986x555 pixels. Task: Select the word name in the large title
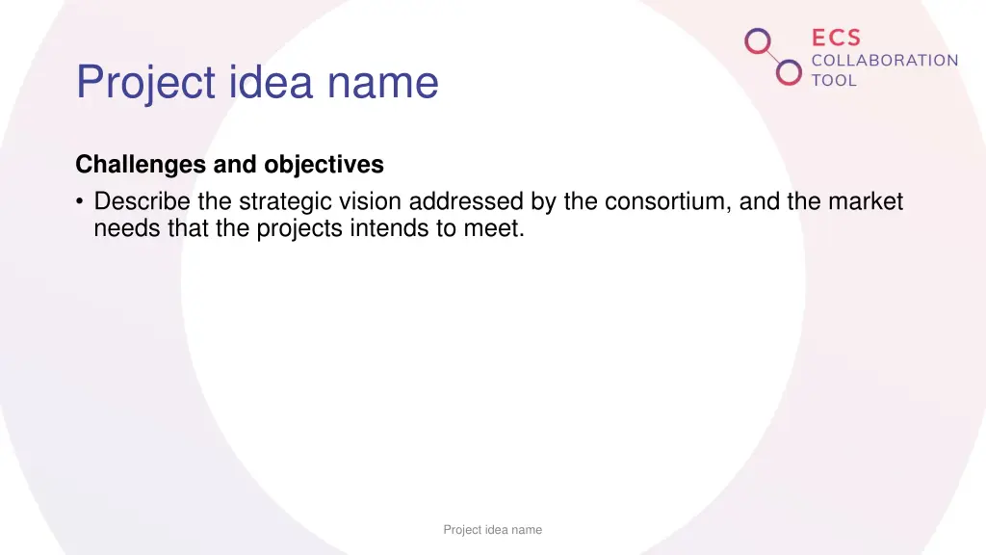(383, 84)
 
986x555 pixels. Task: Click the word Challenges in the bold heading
(141, 165)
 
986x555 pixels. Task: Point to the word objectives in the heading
(324, 165)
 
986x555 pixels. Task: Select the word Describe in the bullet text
(143, 201)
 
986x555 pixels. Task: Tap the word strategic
(284, 201)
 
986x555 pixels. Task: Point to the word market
(867, 201)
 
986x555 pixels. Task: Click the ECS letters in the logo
(836, 39)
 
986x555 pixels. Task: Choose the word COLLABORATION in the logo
(885, 61)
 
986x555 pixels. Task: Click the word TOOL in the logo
(834, 81)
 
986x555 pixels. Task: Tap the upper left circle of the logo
(759, 41)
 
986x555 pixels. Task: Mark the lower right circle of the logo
(789, 72)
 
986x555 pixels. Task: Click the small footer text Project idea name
(492, 530)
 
